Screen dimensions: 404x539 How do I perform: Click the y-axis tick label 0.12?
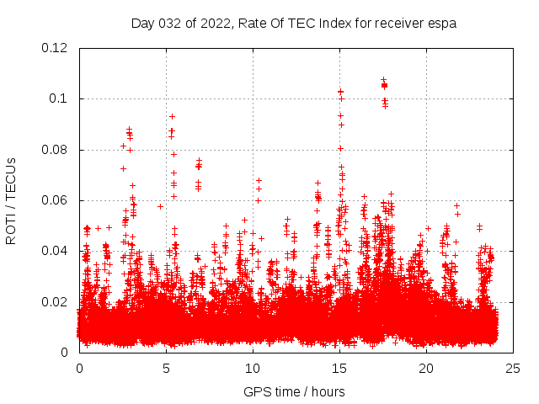56,48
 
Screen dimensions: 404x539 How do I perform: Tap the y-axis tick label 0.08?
56,150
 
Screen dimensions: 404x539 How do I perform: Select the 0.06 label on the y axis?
56,200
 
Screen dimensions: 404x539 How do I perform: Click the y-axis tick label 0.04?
56,251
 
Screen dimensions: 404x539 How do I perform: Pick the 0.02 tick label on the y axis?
56,301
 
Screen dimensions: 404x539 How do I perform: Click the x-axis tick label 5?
166,369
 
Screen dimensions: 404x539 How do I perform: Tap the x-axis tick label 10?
253,369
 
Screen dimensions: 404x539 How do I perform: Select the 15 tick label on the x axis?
339,369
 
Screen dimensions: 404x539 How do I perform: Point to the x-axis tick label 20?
426,369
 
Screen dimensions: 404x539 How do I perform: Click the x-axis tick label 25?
513,369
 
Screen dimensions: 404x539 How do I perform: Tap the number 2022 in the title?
216,24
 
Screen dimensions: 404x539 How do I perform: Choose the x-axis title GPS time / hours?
295,391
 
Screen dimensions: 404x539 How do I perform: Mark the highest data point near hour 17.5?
384,79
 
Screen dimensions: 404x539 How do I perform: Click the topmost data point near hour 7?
200,159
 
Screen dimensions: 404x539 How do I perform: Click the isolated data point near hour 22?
457,205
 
